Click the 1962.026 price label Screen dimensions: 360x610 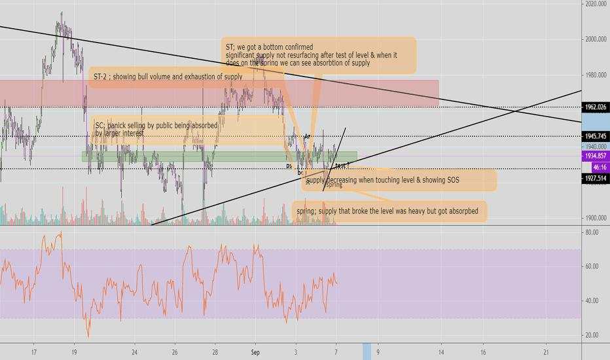tap(595, 107)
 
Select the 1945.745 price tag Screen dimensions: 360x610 tap(595, 136)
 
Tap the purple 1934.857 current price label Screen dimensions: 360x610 tap(595, 157)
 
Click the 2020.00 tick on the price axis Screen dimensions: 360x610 tap(595, 4)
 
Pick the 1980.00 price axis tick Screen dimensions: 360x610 tap(595, 75)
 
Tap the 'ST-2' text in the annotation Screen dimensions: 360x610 tap(100, 77)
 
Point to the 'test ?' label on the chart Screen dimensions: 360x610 tap(342, 166)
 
